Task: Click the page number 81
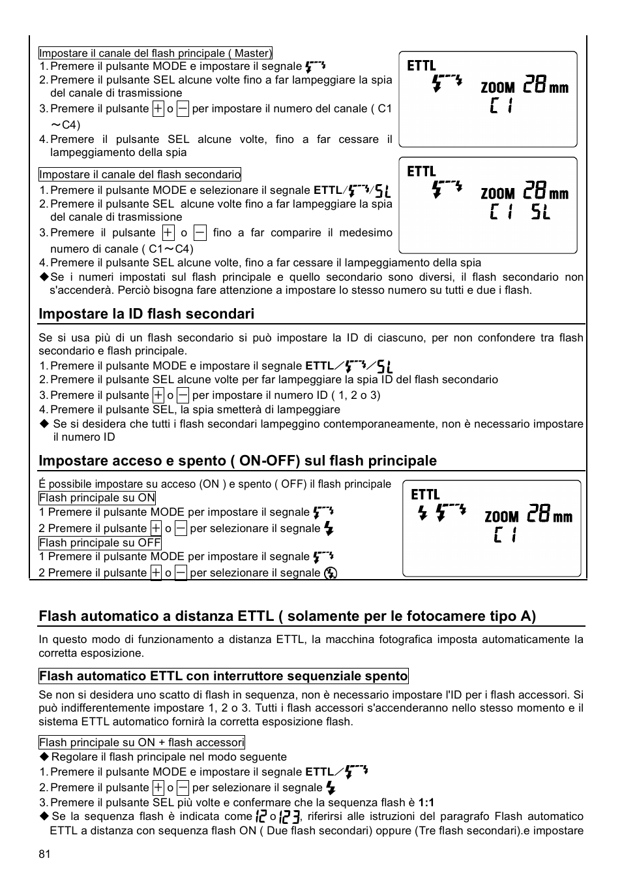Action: point(44,854)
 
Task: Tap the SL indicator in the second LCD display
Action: point(540,212)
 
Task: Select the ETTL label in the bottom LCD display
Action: point(425,495)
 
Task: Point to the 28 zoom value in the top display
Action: point(535,85)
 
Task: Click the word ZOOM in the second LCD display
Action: point(498,194)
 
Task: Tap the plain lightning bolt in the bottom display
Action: point(422,514)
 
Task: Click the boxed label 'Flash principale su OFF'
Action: point(100,543)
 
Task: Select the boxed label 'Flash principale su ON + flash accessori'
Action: point(141,742)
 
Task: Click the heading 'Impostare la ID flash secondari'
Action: point(146,314)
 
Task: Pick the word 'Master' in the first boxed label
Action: point(252,53)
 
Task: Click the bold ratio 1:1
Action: point(426,802)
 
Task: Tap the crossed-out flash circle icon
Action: point(331,573)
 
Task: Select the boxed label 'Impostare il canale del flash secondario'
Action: point(140,174)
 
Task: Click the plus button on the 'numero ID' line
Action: point(158,395)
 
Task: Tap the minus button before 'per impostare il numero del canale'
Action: point(183,109)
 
